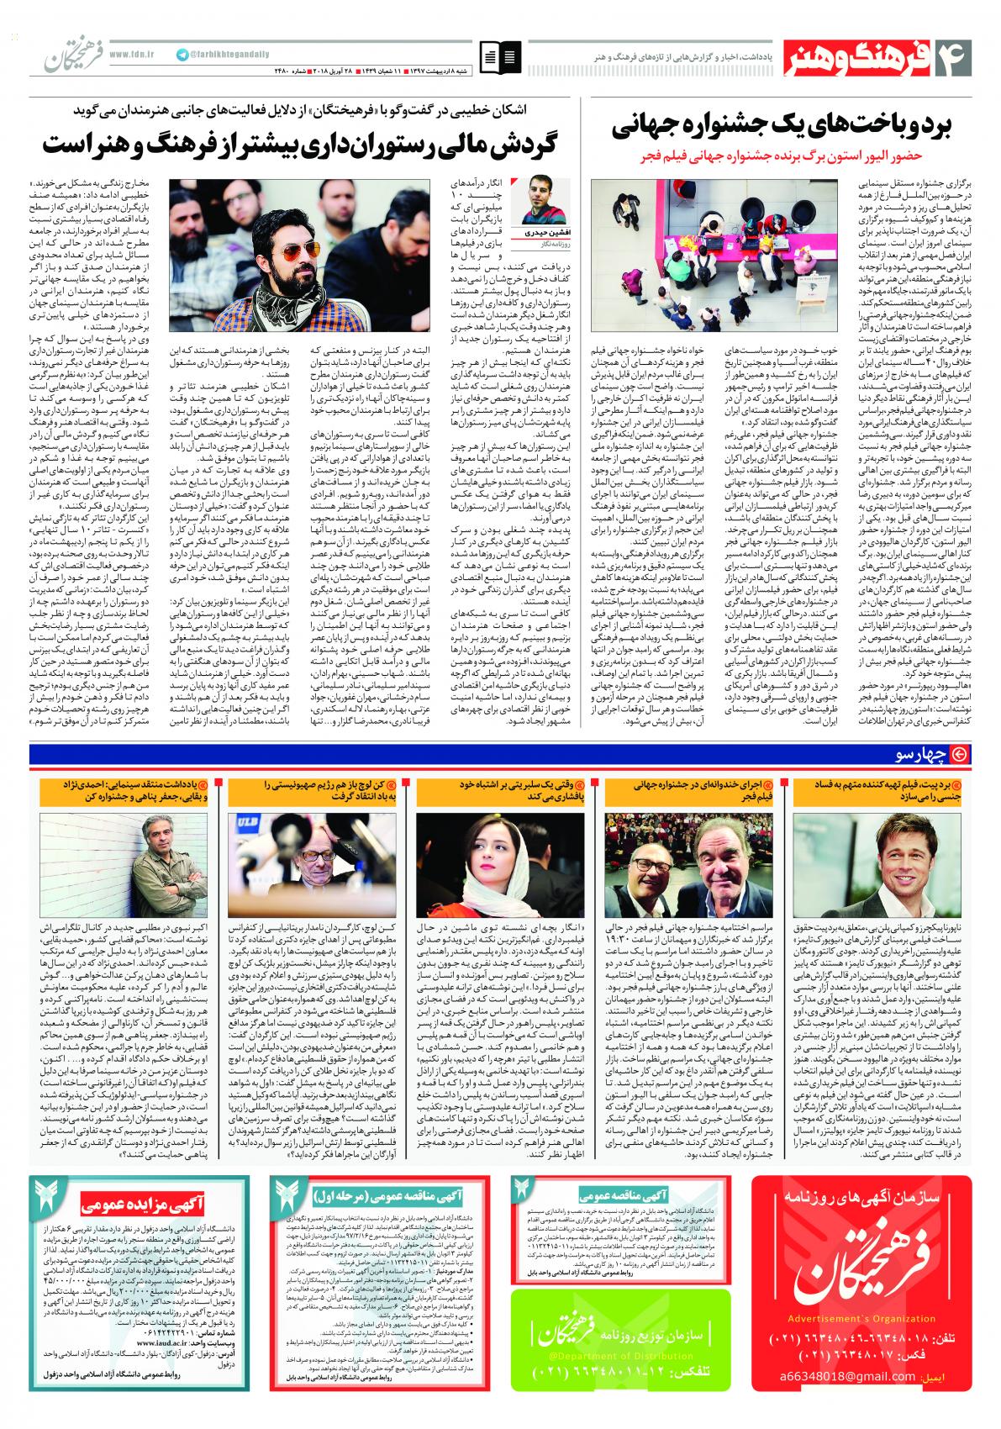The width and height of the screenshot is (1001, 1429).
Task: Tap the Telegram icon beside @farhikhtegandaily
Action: pos(182,54)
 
